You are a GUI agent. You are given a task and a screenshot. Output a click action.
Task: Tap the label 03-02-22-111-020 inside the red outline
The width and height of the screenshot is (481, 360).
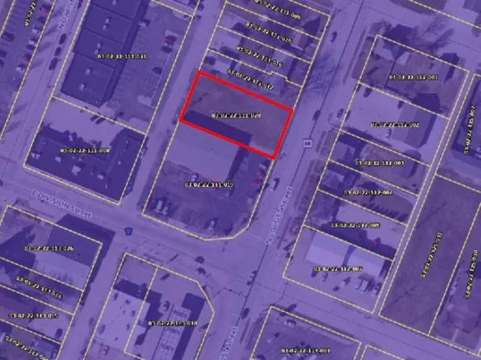(x=236, y=116)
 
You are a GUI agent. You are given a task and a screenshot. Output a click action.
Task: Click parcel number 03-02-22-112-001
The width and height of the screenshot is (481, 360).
(x=414, y=77)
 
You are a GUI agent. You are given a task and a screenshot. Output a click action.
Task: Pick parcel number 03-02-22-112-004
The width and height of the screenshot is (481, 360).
(x=367, y=193)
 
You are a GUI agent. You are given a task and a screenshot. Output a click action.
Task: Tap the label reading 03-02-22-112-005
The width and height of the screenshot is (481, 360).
(x=355, y=224)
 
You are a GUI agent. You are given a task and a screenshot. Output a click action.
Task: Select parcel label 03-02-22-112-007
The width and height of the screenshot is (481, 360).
(x=337, y=268)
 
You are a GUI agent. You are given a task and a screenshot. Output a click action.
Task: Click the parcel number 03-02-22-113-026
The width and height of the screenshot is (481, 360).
(x=37, y=247)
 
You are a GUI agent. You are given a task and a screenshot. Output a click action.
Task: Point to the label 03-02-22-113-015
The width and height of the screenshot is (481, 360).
(x=33, y=315)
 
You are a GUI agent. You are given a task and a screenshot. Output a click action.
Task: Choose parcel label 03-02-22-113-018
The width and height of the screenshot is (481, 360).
(x=173, y=323)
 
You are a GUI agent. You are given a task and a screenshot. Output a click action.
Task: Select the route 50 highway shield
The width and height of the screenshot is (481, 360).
(x=307, y=144)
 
